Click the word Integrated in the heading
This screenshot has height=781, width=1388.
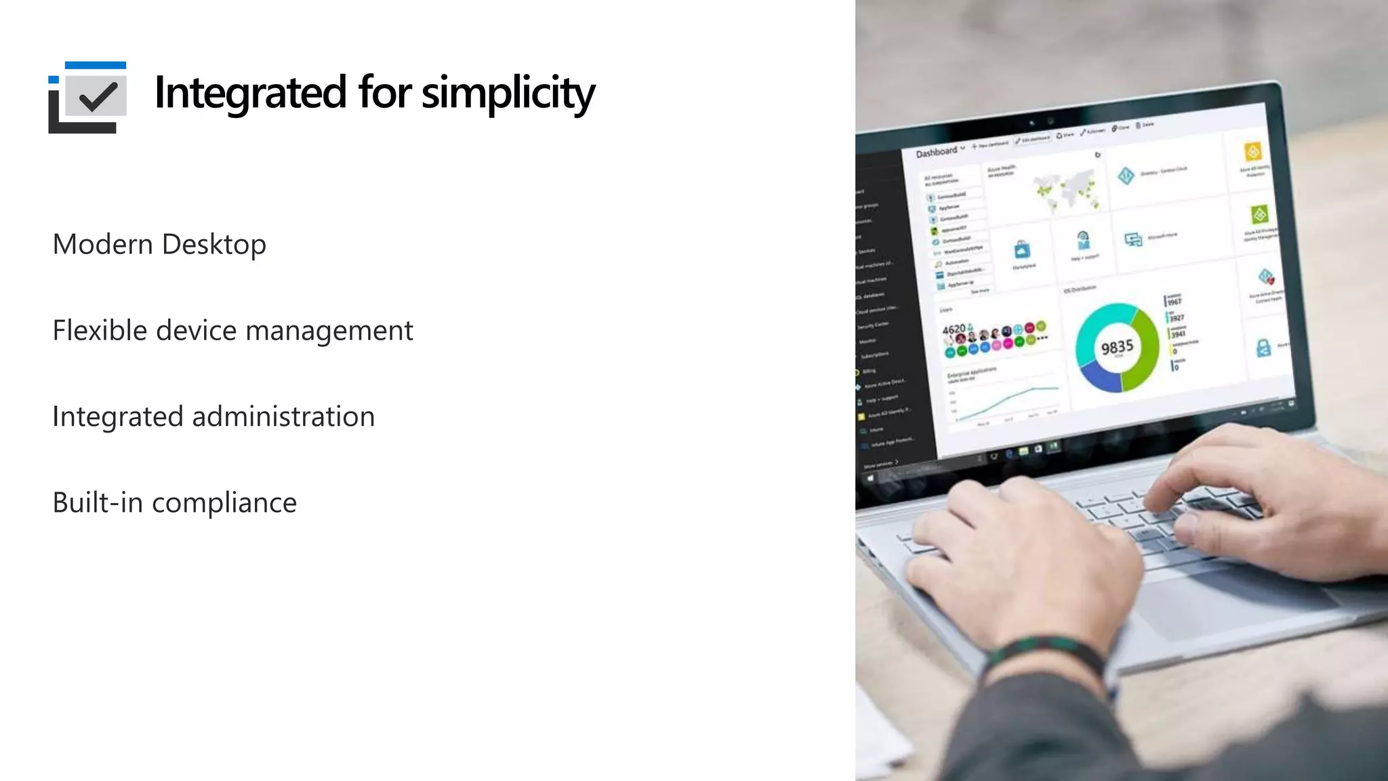pyautogui.click(x=250, y=93)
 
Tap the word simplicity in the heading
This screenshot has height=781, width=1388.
pyautogui.click(x=508, y=93)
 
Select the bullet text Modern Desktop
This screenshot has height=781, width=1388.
pyautogui.click(x=159, y=245)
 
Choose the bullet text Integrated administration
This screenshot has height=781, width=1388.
pyautogui.click(x=213, y=417)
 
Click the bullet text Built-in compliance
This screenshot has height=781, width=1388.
pyautogui.click(x=175, y=503)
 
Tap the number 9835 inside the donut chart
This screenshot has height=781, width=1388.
pyautogui.click(x=1117, y=348)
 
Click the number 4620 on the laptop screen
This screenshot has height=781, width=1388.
pyautogui.click(x=953, y=329)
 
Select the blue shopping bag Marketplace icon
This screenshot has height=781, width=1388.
pyautogui.click(x=1022, y=250)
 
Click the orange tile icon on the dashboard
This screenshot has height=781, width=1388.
pyautogui.click(x=1252, y=151)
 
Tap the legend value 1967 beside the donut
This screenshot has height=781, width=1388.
pyautogui.click(x=1175, y=301)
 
